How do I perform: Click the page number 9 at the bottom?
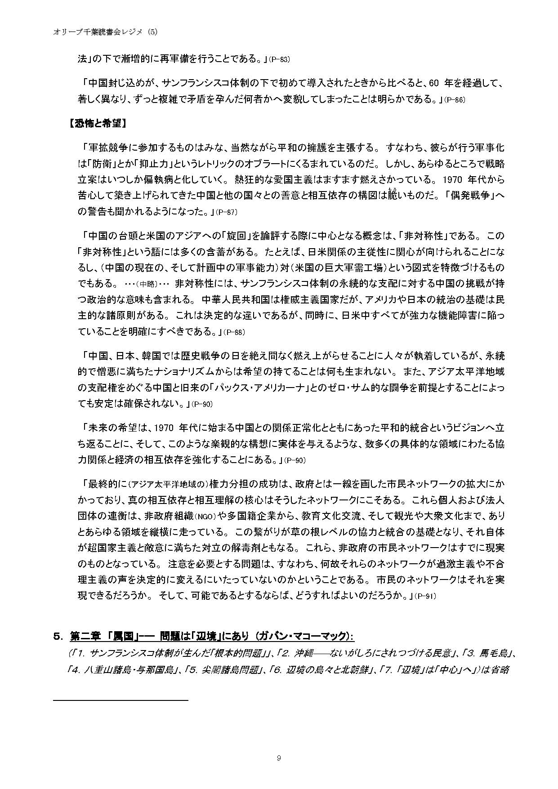click(279, 758)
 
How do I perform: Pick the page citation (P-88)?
click(234, 332)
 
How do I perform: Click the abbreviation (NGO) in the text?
click(195, 516)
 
